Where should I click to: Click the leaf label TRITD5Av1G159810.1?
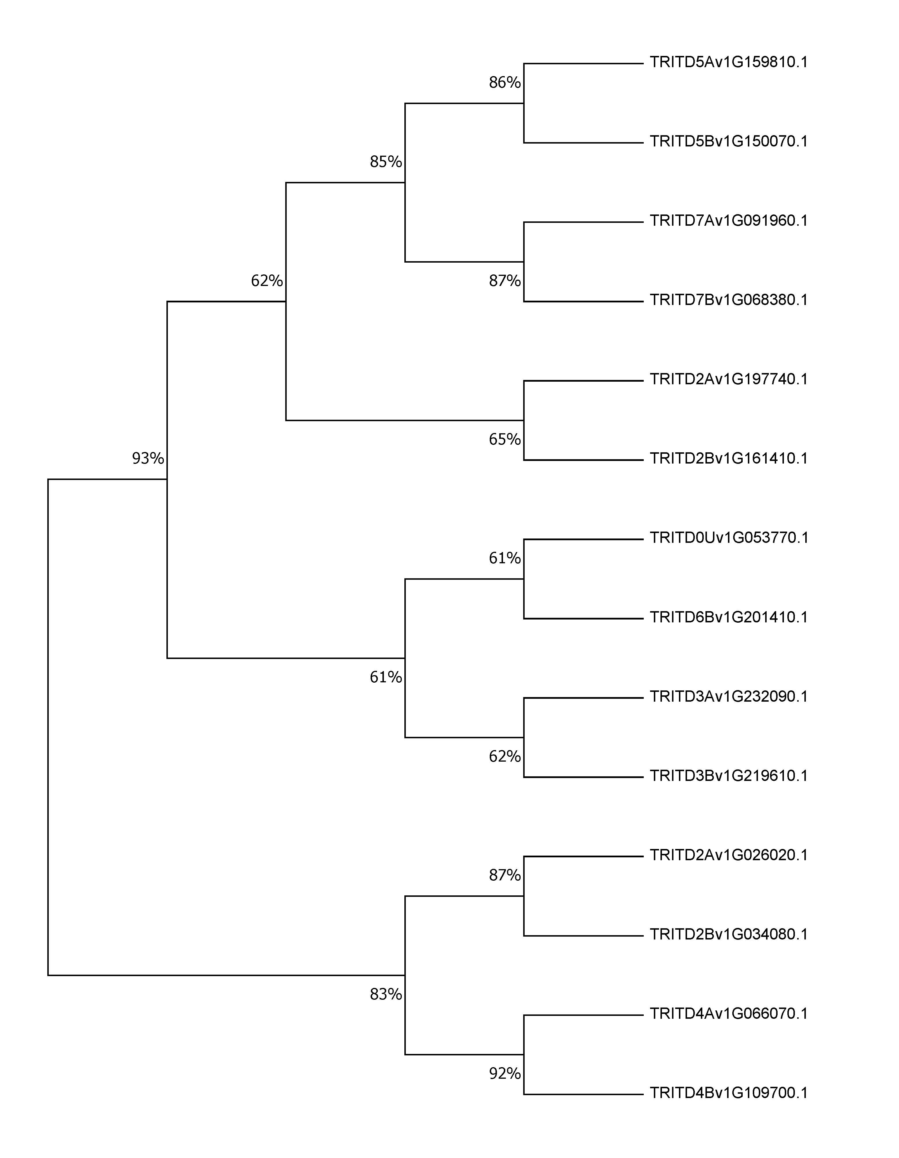(x=729, y=63)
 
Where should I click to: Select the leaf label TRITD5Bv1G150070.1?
(x=729, y=142)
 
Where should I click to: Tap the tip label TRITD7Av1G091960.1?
(x=729, y=221)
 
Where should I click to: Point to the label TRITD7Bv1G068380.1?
(x=729, y=300)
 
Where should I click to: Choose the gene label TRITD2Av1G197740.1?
(x=729, y=379)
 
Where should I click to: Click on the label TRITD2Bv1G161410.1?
(x=729, y=458)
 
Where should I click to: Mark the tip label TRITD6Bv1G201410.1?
(x=729, y=617)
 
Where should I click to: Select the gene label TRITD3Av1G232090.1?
(x=729, y=696)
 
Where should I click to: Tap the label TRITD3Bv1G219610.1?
(x=729, y=776)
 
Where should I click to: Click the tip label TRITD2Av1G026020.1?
(x=729, y=855)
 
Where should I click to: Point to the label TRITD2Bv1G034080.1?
(x=729, y=934)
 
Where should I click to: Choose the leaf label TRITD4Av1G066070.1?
(x=729, y=1013)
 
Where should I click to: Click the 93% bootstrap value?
(x=148, y=458)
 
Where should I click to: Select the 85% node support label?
(x=386, y=161)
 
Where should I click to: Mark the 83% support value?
(x=386, y=994)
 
